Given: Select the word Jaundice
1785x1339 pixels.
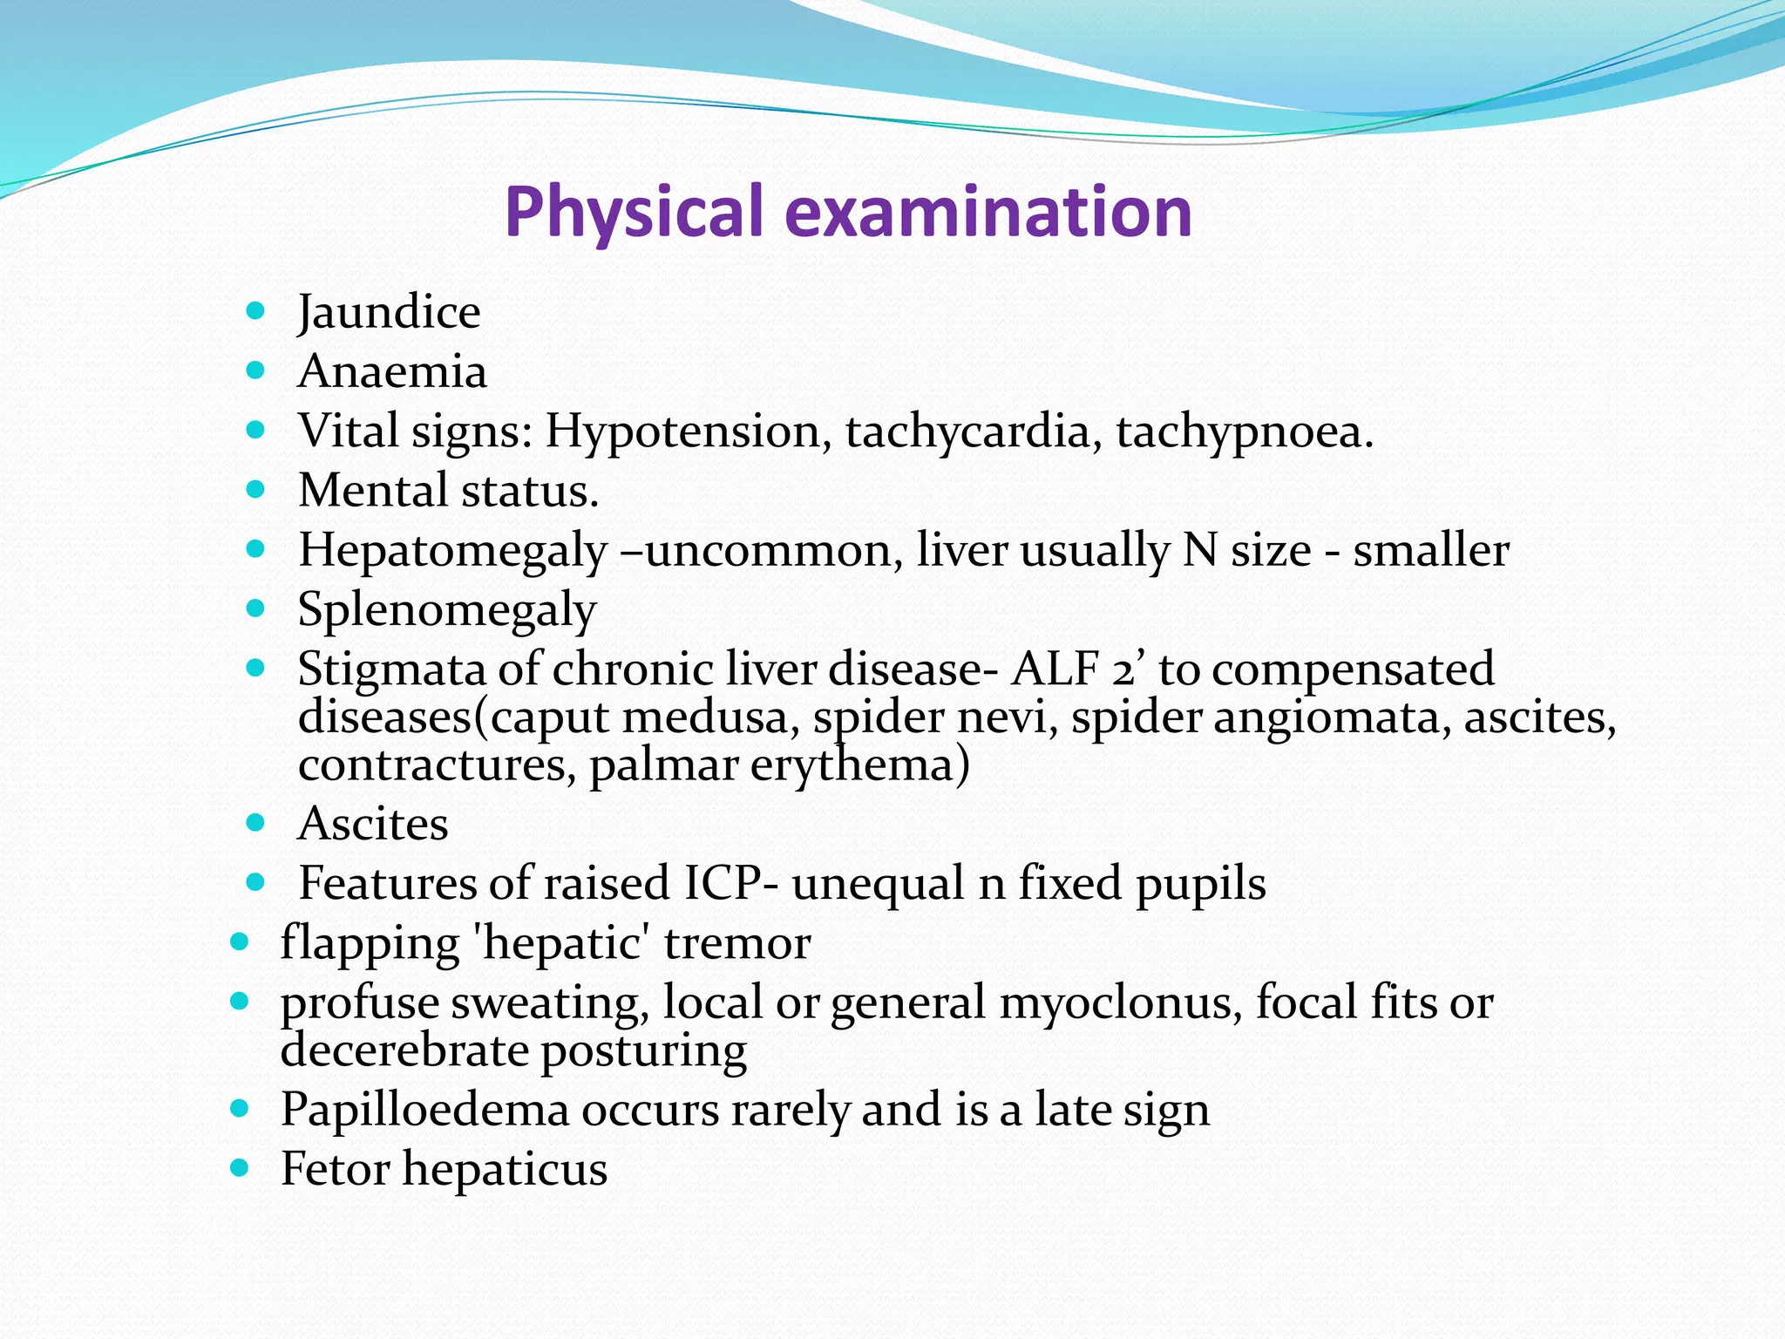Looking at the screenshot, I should tap(389, 312).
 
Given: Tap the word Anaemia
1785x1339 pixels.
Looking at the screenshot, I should tap(392, 371).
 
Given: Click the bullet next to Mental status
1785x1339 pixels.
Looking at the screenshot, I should tap(255, 490).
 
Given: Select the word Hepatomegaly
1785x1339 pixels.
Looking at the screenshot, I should tap(452, 552).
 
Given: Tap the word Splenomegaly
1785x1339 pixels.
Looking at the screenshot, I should tap(447, 610).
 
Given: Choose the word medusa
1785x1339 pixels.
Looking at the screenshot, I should tap(711, 717).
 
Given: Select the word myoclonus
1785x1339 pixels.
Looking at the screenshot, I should tap(1121, 1003).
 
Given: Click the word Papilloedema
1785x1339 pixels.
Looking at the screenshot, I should tap(424, 1111).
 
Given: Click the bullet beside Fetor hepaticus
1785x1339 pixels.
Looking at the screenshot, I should tap(240, 1168).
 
